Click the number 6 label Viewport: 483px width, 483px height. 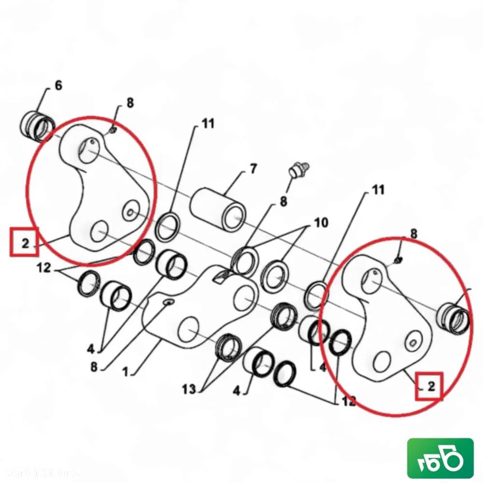[58, 86]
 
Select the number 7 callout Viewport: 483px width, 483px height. [253, 170]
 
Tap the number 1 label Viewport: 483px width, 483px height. [125, 372]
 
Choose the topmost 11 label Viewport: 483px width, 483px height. [208, 124]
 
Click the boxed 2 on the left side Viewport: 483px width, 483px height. [25, 242]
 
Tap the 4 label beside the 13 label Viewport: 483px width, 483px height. [236, 390]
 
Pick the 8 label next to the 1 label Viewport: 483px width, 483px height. [93, 367]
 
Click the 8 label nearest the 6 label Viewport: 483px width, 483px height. [130, 103]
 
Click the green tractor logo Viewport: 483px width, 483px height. [440, 457]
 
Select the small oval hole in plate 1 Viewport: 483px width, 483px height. [168, 302]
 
